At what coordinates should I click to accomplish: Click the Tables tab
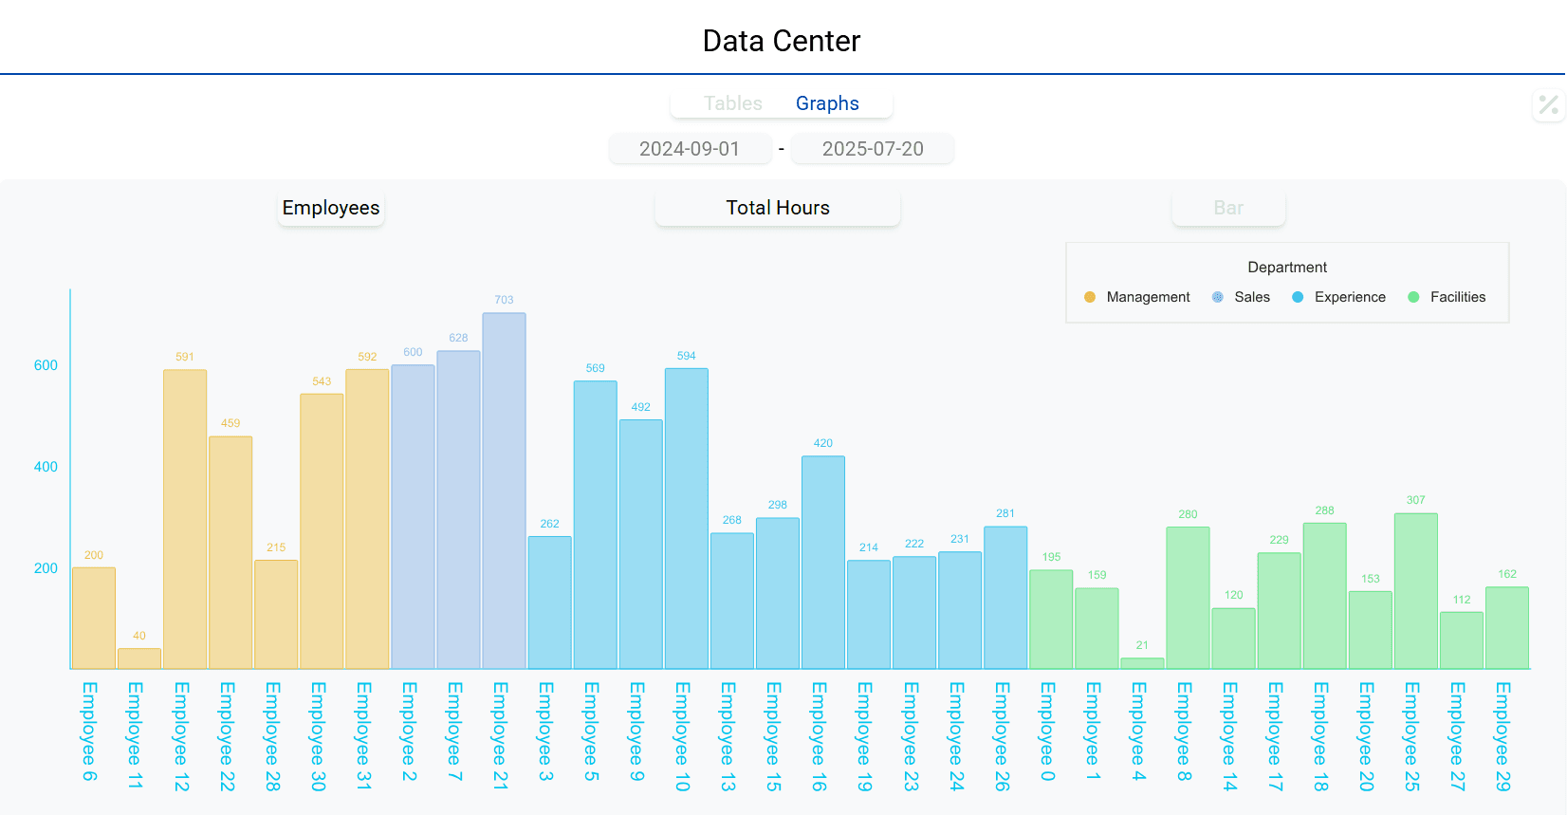732,103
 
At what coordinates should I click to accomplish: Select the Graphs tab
827,103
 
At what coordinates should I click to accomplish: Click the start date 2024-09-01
690,149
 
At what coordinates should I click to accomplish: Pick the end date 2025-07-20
873,149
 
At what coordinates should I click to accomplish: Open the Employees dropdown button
331,208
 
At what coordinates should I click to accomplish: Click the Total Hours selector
778,208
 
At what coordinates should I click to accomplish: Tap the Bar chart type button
1228,208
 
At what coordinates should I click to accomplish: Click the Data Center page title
782,41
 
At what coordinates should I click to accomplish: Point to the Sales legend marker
1218,297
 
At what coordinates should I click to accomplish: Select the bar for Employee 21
504,491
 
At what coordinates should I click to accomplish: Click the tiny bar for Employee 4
1142,663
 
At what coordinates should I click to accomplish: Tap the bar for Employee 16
823,563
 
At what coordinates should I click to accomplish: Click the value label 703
504,300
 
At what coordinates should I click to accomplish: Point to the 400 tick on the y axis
46,467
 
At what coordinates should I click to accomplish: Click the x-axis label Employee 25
1411,736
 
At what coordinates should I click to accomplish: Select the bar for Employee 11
139,658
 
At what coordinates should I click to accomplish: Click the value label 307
1415,500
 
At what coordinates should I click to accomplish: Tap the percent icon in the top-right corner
1548,104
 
